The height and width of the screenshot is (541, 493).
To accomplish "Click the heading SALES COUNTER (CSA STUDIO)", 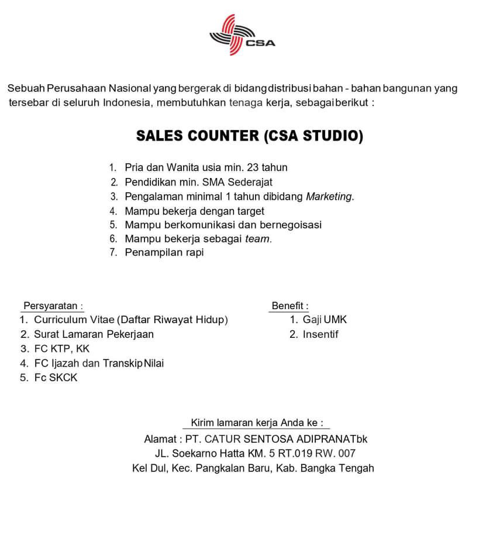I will click(x=250, y=136).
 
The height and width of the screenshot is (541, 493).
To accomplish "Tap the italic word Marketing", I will click(x=330, y=197).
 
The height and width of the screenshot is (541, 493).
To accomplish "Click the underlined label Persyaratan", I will click(x=52, y=306).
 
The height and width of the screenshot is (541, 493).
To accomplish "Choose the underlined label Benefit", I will click(x=289, y=306).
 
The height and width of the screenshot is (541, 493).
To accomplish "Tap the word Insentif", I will click(x=320, y=334).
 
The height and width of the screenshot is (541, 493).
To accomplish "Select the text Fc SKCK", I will click(x=56, y=378).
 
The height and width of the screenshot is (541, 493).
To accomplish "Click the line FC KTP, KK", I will click(x=62, y=349).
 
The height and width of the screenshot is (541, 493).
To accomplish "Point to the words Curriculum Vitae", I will click(x=74, y=320).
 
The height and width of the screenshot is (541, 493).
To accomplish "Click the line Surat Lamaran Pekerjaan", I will click(x=94, y=334).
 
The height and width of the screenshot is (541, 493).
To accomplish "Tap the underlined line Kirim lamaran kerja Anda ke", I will click(x=256, y=422).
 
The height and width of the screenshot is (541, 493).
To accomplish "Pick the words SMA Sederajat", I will click(x=240, y=182).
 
